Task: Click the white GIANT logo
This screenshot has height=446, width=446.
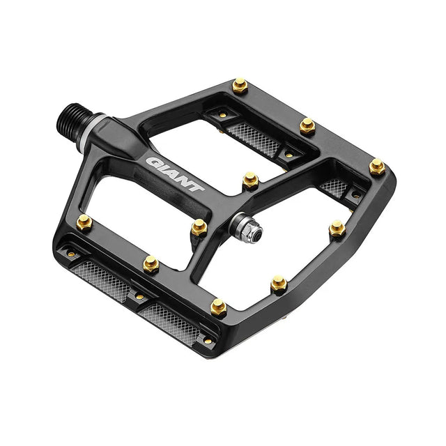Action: (175, 174)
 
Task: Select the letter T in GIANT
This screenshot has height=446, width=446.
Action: (197, 187)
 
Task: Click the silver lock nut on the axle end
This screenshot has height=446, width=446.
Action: (249, 231)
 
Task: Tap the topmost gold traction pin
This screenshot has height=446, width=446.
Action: (240, 85)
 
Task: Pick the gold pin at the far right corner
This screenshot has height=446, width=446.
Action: (377, 167)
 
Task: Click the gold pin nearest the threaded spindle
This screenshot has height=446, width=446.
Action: (84, 222)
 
